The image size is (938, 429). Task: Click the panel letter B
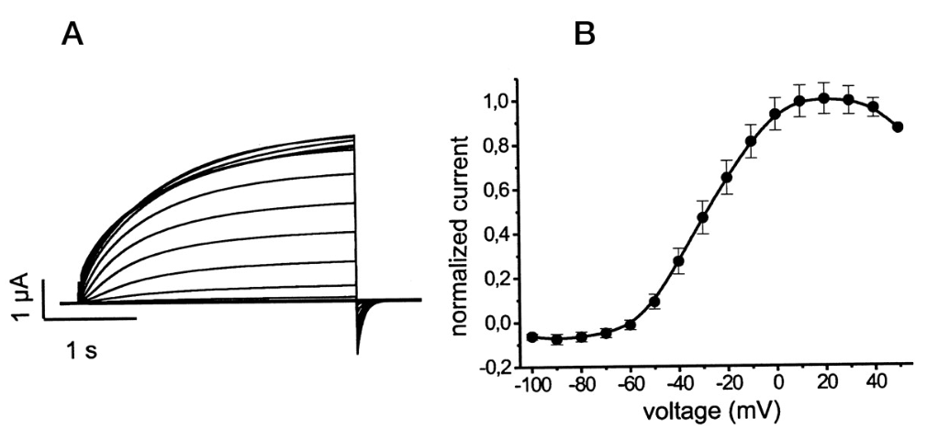584,35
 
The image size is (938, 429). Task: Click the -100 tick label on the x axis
530,384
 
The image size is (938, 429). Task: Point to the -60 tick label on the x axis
631,384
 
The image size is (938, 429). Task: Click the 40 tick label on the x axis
873,384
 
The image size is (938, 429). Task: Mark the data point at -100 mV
531,337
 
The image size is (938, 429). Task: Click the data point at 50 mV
898,126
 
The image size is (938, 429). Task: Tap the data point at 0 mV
776,115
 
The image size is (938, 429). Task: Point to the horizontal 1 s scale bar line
92,318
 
